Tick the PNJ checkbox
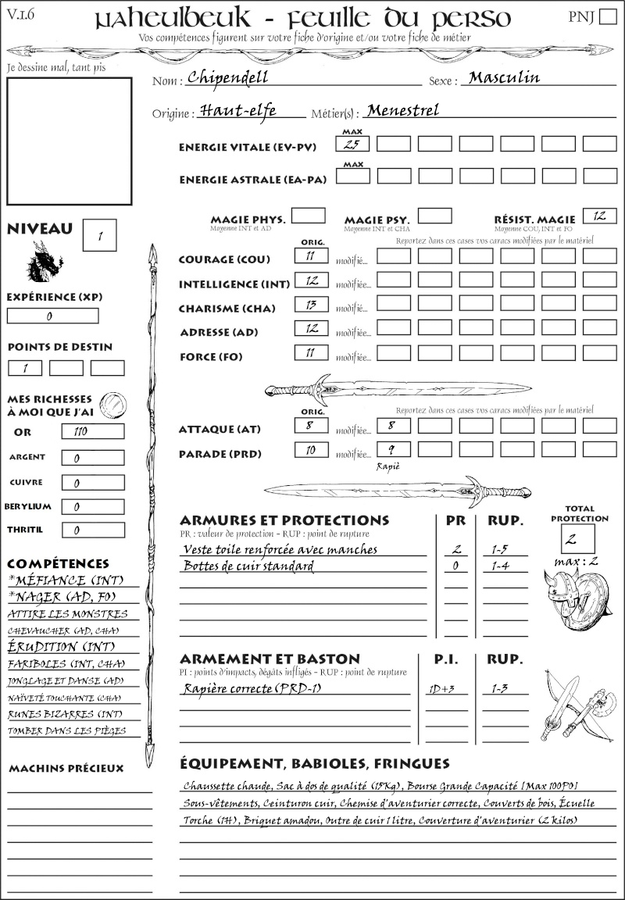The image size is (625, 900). click(x=606, y=16)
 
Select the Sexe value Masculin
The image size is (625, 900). click(x=504, y=77)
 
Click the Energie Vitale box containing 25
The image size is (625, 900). click(x=352, y=144)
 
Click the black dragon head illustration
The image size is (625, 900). click(x=45, y=262)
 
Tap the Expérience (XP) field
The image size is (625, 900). click(x=53, y=316)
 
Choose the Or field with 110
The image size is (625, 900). click(x=92, y=431)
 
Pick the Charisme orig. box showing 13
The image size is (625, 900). click(x=311, y=305)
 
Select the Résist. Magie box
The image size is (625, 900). click(x=599, y=216)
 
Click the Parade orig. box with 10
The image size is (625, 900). click(x=311, y=450)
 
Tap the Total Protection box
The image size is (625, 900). click(x=578, y=538)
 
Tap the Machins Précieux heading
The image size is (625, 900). click(x=66, y=769)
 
